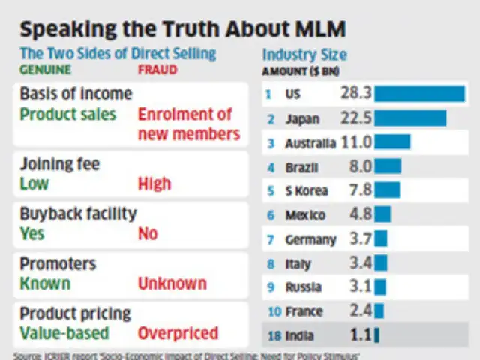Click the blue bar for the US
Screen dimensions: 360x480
pyautogui.click(x=419, y=94)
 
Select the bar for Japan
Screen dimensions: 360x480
pyautogui.click(x=410, y=118)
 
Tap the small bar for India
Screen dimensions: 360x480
pyautogui.click(x=376, y=335)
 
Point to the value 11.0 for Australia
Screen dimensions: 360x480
pyautogui.click(x=357, y=142)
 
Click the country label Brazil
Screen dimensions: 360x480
pyautogui.click(x=302, y=167)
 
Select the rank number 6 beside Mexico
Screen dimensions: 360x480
pyautogui.click(x=271, y=215)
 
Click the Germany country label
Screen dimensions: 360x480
pyautogui.click(x=310, y=239)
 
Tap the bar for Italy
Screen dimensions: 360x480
pyautogui.click(x=381, y=263)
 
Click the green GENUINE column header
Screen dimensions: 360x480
pyautogui.click(x=45, y=70)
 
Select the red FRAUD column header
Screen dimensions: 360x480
pyautogui.click(x=158, y=70)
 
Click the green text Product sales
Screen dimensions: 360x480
pyautogui.click(x=68, y=114)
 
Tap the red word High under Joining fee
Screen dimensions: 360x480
pyautogui.click(x=154, y=184)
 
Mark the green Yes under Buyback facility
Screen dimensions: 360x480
pyautogui.click(x=33, y=233)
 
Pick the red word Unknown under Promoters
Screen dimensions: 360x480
pyautogui.click(x=172, y=283)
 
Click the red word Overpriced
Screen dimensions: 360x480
pyautogui.click(x=178, y=332)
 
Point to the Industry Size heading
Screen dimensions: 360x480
pyautogui.click(x=304, y=55)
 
